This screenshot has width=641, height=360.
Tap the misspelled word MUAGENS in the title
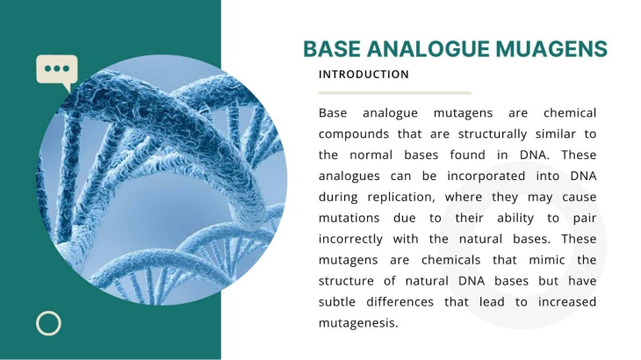pos(551,49)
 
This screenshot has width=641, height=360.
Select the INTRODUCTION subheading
pos(364,75)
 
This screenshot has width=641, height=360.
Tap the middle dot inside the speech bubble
pos(57,68)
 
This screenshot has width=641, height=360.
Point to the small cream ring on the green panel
pos(48,324)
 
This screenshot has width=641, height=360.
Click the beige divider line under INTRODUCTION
pos(395,93)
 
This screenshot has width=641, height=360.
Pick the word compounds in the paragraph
pos(353,134)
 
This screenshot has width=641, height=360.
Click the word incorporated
pos(486,176)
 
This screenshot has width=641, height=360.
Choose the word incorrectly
pos(350,240)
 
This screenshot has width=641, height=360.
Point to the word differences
pos(400,302)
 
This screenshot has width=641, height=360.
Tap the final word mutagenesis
pos(358,324)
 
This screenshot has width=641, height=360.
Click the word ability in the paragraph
pos(515,219)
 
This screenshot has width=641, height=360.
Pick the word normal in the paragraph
pos(371,155)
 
